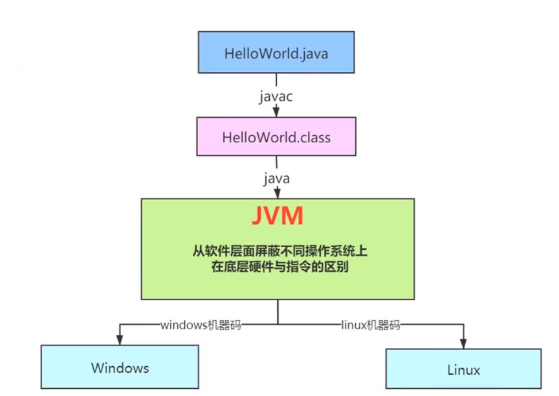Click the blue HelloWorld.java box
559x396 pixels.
[276, 53]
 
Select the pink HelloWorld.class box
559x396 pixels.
[276, 137]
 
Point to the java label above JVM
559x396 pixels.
[277, 177]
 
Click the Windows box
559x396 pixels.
[120, 368]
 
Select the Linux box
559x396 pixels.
[463, 369]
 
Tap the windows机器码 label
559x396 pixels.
[201, 325]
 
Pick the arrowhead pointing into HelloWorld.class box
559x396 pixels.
[277, 113]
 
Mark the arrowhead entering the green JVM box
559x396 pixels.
[277, 193]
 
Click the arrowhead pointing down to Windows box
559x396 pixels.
[120, 340]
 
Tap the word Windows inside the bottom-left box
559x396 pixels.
[120, 368]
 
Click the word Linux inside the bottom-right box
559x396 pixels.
[463, 370]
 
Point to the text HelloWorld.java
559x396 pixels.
[276, 53]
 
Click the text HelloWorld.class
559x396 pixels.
[276, 137]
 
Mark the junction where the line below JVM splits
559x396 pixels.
[278, 324]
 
